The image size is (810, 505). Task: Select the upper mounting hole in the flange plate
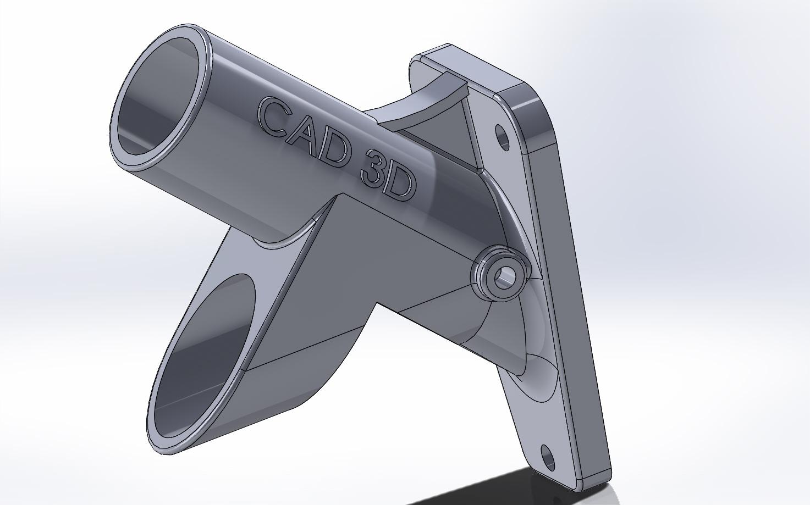click(x=503, y=137)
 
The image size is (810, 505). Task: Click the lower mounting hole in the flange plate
click(x=548, y=457)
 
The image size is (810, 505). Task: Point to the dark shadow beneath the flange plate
click(x=550, y=489)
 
